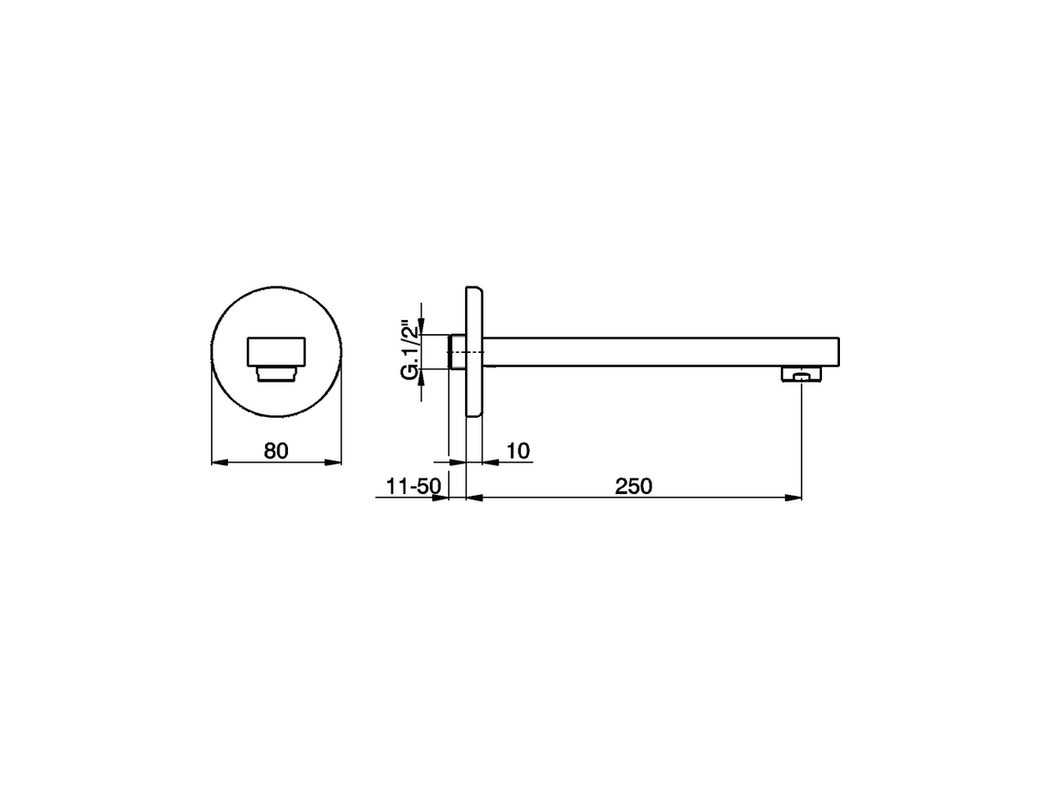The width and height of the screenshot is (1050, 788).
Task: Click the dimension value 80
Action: coord(276,451)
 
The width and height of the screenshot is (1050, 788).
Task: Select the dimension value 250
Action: coord(633,486)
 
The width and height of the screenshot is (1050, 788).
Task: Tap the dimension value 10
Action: coord(518,451)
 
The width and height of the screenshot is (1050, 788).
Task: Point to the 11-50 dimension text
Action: coord(413,486)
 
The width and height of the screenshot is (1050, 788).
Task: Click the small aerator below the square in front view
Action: coord(276,374)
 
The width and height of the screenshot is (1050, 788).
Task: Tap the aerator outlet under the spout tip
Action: coord(801,375)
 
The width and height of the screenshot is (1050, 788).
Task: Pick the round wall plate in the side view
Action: coord(475,352)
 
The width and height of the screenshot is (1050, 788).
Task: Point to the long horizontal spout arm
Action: coord(656,351)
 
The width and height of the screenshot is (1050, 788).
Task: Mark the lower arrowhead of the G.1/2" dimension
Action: coord(421,377)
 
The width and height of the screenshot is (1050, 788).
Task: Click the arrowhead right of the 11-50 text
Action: coord(443,497)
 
